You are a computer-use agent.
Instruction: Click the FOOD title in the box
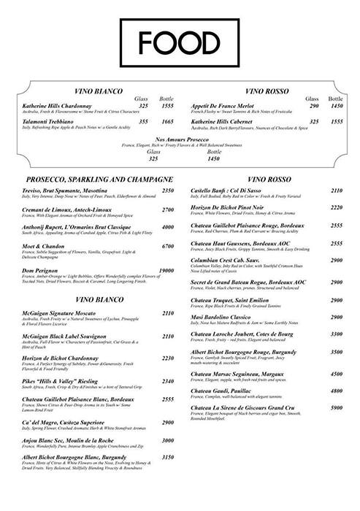coord(179,40)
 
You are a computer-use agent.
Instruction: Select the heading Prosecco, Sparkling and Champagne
coord(98,178)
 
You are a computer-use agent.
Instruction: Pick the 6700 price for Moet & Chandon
coord(169,247)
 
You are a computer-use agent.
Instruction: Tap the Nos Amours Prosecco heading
coord(179,139)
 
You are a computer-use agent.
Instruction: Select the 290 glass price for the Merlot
coord(294,106)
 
